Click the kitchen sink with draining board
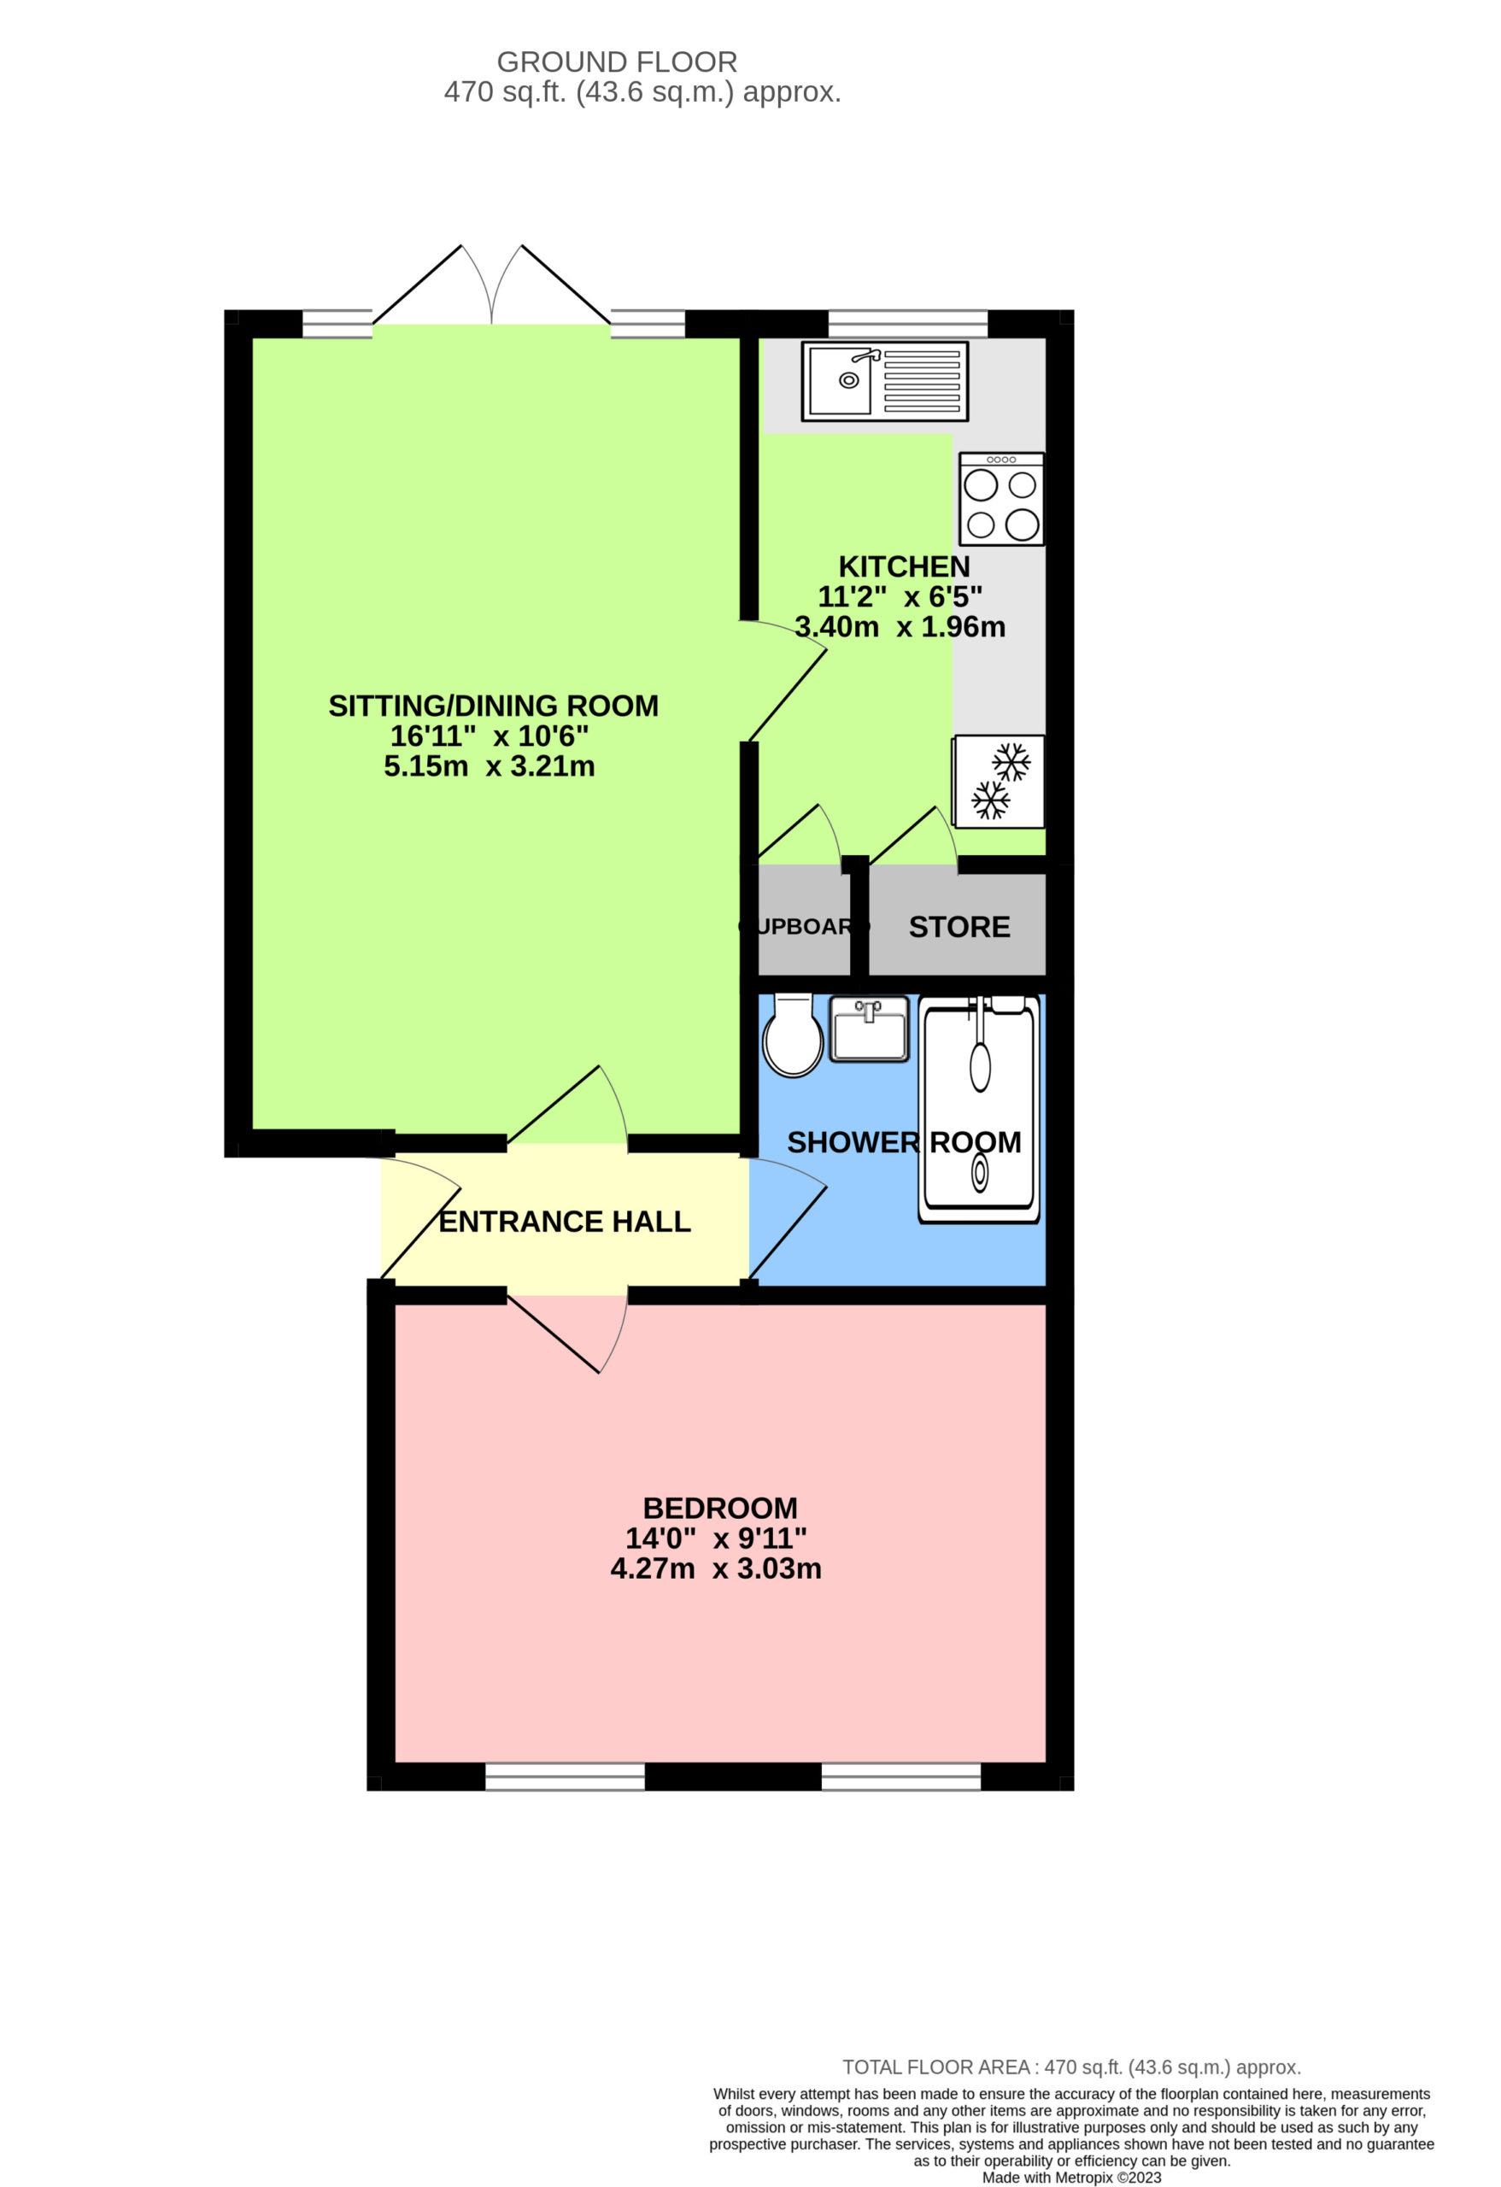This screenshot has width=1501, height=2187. point(884,381)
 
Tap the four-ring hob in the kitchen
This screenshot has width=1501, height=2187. point(1001,499)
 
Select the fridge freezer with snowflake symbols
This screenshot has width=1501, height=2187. point(999,781)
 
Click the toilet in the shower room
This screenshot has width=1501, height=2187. point(793,1035)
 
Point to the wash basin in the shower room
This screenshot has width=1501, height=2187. point(870,1029)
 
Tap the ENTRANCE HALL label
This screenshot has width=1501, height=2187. point(565,1222)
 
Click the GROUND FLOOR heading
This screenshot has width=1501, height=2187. point(617,62)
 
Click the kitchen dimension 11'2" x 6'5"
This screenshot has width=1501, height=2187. point(900,595)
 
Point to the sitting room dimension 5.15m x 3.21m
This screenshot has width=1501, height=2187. point(490,765)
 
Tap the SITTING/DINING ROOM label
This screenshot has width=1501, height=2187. point(493,706)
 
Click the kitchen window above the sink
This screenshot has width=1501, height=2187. point(908,324)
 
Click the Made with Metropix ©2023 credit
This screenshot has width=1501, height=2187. point(1072,2177)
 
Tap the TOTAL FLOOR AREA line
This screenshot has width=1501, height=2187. point(1072,2067)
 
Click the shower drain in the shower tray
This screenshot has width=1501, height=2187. point(980,1174)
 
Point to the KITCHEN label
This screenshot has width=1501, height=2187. point(905,566)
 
